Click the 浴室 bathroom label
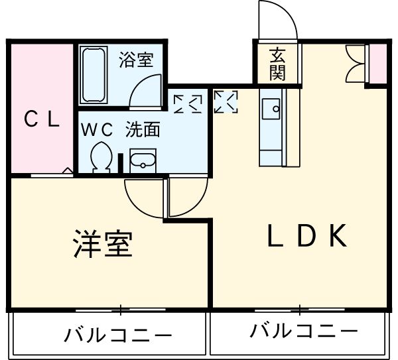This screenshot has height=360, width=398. pyautogui.click(x=136, y=60)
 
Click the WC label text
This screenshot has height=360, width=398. pyautogui.click(x=98, y=129)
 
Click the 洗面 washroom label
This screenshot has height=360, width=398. pyautogui.click(x=143, y=129)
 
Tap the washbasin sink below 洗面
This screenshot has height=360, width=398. pyautogui.click(x=142, y=160)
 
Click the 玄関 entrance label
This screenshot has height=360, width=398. pyautogui.click(x=278, y=64)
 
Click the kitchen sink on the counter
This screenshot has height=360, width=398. pyautogui.click(x=271, y=109)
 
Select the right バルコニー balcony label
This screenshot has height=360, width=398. pyautogui.click(x=304, y=330)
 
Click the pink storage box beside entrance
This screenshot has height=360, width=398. pyautogui.click(x=377, y=64)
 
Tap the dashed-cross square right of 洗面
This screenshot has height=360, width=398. pyautogui.click(x=187, y=101)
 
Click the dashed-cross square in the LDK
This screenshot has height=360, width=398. pyautogui.click(x=225, y=101)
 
